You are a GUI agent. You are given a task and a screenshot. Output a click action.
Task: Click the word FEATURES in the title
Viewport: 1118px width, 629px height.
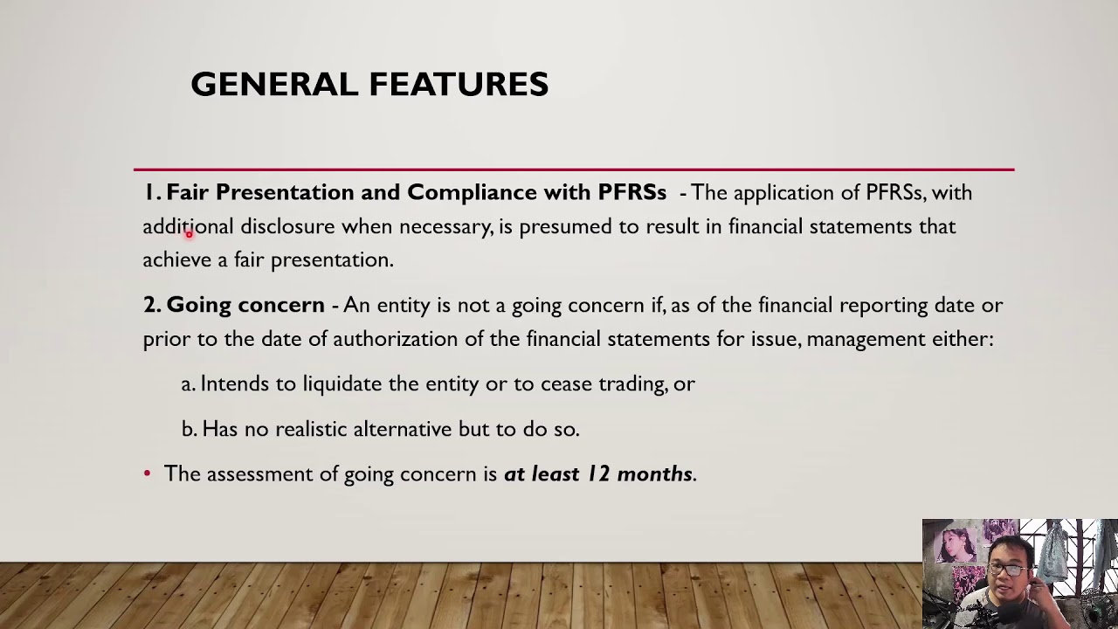pos(459,85)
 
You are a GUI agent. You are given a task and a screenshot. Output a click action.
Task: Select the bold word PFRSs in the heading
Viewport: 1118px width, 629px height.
pos(631,192)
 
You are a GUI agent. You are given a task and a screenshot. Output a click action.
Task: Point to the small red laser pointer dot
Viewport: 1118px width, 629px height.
pos(189,234)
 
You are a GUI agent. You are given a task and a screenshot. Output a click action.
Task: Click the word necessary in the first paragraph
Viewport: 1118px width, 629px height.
pos(445,227)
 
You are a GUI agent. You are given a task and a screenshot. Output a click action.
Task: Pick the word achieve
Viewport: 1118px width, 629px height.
pos(176,259)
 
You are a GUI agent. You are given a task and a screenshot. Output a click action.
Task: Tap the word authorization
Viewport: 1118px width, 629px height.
pos(395,338)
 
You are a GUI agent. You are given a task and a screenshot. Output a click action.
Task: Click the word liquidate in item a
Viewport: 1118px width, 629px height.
pos(342,384)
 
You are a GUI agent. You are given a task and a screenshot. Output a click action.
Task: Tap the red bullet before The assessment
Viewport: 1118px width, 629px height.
pos(147,473)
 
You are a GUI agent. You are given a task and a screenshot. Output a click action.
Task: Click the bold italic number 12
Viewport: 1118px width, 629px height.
pos(597,473)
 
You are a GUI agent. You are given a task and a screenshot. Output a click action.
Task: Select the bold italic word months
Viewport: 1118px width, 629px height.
pos(654,473)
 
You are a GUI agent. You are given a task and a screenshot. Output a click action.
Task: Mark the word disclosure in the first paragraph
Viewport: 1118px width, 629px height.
pos(287,226)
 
